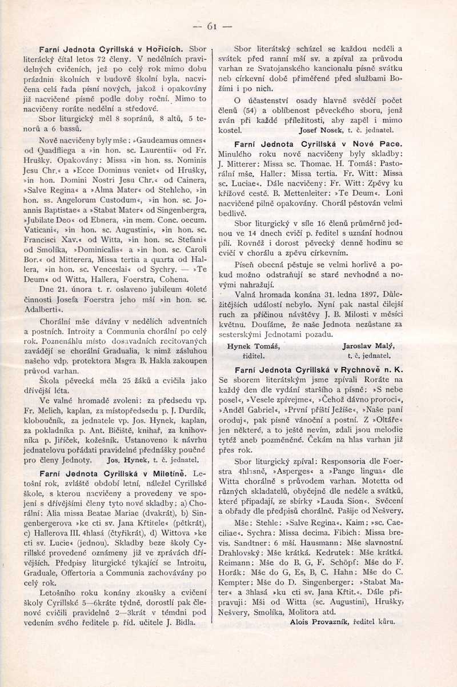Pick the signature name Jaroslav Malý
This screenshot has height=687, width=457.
[368, 346]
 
